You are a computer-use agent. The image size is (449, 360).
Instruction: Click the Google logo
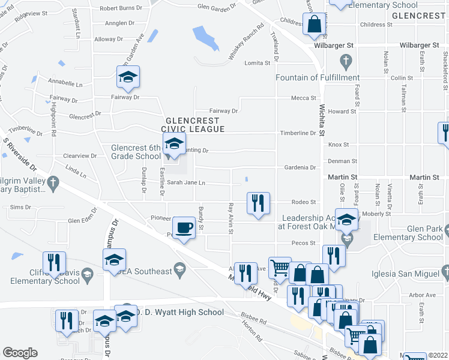[x=20, y=353]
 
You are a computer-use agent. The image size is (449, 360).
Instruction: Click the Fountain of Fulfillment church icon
[x=345, y=61]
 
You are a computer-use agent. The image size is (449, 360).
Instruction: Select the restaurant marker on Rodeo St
[x=258, y=203]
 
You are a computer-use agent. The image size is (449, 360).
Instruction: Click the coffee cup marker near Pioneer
[x=185, y=227]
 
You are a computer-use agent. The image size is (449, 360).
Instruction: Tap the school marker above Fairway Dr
[x=128, y=77]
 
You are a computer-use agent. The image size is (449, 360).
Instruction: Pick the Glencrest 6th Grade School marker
[x=173, y=145]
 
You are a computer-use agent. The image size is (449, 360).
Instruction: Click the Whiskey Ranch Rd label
[x=247, y=41]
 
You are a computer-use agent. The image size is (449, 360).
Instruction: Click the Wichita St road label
[x=322, y=127]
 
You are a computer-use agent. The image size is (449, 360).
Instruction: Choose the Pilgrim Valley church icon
[x=53, y=182]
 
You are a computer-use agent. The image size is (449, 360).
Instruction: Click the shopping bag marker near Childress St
[x=315, y=25]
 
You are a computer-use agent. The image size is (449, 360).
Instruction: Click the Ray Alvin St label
[x=231, y=219]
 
